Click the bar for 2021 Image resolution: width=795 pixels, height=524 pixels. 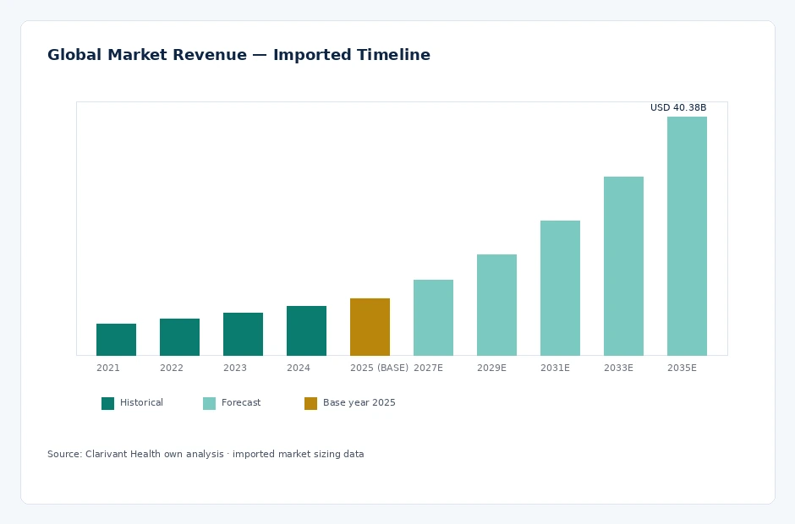116,340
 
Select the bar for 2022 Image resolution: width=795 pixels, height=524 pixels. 179,337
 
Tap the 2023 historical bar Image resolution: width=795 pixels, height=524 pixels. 243,334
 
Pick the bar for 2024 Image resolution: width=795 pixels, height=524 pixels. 306,331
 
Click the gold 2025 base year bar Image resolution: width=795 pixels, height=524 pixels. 370,327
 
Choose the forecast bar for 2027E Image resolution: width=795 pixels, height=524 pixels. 434,318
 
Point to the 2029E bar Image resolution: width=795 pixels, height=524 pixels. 497,305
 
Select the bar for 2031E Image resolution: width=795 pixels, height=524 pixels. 560,288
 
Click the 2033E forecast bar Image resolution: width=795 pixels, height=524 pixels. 623,266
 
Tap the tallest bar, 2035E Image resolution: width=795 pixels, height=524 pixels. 687,236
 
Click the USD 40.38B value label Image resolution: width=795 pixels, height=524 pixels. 678,107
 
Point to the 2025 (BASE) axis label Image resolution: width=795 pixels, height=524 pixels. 379,368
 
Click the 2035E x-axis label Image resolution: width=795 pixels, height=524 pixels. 682,368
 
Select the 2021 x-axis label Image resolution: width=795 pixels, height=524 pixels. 108,368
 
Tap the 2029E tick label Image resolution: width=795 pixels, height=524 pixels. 491,368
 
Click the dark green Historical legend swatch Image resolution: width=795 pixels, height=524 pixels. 108,403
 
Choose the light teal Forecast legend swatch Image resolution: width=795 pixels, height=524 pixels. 210,403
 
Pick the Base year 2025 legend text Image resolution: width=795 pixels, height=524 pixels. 359,402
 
